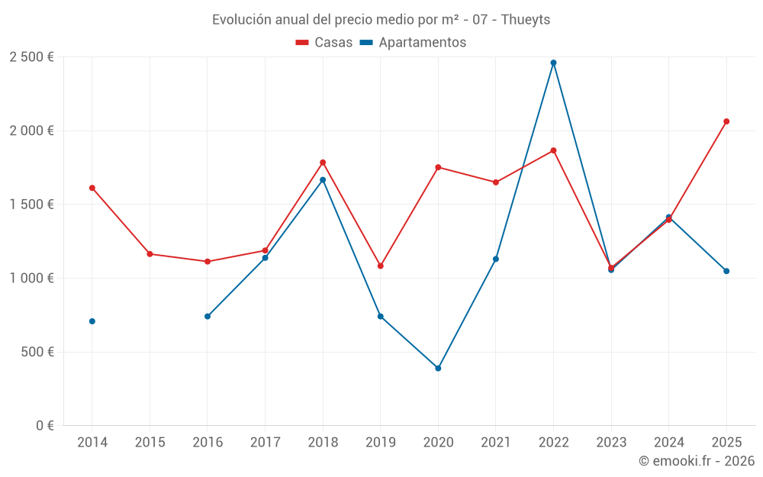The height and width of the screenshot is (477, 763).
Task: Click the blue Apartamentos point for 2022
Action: point(553,63)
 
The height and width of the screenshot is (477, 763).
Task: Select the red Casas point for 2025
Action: point(726,121)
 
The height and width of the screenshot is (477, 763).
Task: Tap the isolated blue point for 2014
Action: point(92,321)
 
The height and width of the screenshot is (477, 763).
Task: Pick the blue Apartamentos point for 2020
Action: point(438,369)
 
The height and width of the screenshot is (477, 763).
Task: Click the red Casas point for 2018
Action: point(323,163)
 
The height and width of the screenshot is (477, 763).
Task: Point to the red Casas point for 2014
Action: point(92,188)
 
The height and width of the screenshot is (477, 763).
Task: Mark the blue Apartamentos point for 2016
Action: point(208,316)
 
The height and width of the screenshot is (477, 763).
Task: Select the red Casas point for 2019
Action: point(381,266)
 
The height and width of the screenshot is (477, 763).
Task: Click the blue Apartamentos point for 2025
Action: point(726,271)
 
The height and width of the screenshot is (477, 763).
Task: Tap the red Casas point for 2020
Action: point(438,167)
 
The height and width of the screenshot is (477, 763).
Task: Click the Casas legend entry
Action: point(324,43)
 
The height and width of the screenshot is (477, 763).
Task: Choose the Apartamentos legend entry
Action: point(413,43)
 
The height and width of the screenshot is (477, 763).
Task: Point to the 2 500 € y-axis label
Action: point(31,57)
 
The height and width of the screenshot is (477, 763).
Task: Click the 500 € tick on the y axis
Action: point(37,352)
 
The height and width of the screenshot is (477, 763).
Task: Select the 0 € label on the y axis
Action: point(43,426)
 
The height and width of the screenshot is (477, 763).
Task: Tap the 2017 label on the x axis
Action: point(265,443)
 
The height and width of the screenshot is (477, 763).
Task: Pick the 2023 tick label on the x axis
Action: point(611,443)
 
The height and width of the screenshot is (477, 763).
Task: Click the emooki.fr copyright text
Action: point(696,461)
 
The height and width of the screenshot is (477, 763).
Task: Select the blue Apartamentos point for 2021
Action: point(496,259)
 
